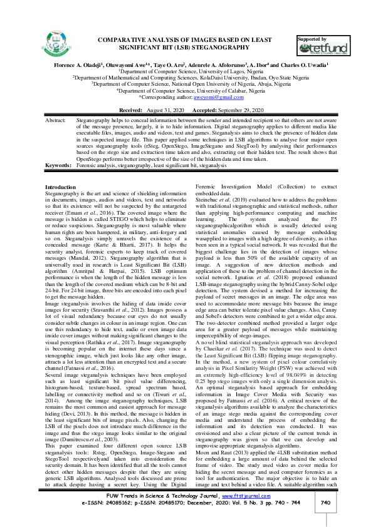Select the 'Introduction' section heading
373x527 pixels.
(61, 188)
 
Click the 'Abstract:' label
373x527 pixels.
(56, 118)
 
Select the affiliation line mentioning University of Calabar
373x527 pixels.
(186, 90)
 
